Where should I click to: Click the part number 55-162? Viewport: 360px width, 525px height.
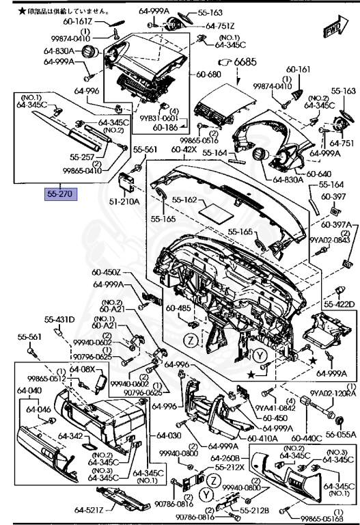point(184,200)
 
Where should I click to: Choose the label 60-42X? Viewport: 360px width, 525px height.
point(184,150)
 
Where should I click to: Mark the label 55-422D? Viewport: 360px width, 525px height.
point(340,304)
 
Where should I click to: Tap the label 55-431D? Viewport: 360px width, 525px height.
point(60,319)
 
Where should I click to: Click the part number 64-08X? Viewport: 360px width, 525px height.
point(83,369)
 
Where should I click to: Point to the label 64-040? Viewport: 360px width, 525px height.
point(29,390)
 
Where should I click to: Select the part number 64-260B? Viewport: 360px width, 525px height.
point(224,458)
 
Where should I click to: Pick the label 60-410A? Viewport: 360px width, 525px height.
point(261,438)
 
